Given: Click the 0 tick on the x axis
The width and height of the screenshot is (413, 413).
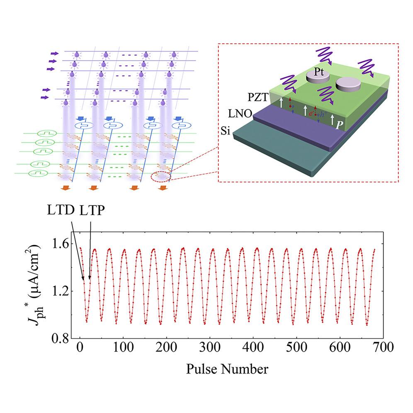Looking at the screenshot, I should [x=80, y=348].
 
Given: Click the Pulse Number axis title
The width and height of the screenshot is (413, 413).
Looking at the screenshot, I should [x=227, y=368].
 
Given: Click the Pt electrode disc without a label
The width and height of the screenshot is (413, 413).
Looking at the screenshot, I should [x=349, y=85].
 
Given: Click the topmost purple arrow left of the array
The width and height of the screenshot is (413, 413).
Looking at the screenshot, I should [x=54, y=53].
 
